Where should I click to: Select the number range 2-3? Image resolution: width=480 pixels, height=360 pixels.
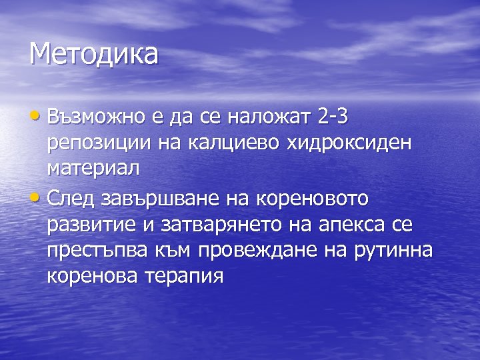coord(333,117)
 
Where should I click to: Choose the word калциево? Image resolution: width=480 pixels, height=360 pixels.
coord(223,143)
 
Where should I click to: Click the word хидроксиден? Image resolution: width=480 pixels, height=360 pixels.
coord(337,143)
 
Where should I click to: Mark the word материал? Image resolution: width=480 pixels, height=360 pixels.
coord(93,168)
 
